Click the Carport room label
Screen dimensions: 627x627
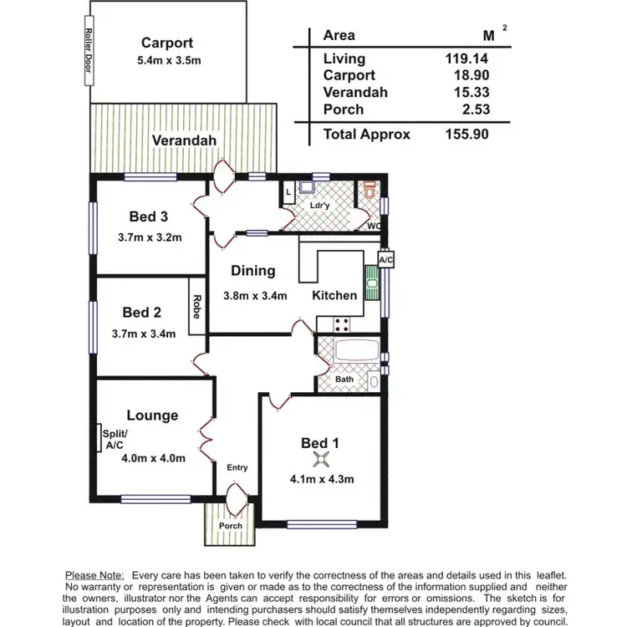tap(167, 43)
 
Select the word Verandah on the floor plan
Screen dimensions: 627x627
tap(184, 140)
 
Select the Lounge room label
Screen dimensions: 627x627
tap(152, 415)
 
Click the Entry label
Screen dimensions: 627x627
tap(237, 467)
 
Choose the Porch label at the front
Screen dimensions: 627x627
tap(230, 526)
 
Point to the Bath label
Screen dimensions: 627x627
tap(344, 379)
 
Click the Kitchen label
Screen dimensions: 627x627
tap(334, 295)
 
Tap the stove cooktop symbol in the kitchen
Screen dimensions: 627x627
tap(341, 322)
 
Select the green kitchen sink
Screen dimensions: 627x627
tap(370, 281)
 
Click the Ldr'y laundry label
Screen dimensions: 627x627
tap(318, 206)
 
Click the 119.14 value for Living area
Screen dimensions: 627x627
tap(466, 59)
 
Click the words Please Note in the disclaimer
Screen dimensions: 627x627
tap(94, 575)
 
